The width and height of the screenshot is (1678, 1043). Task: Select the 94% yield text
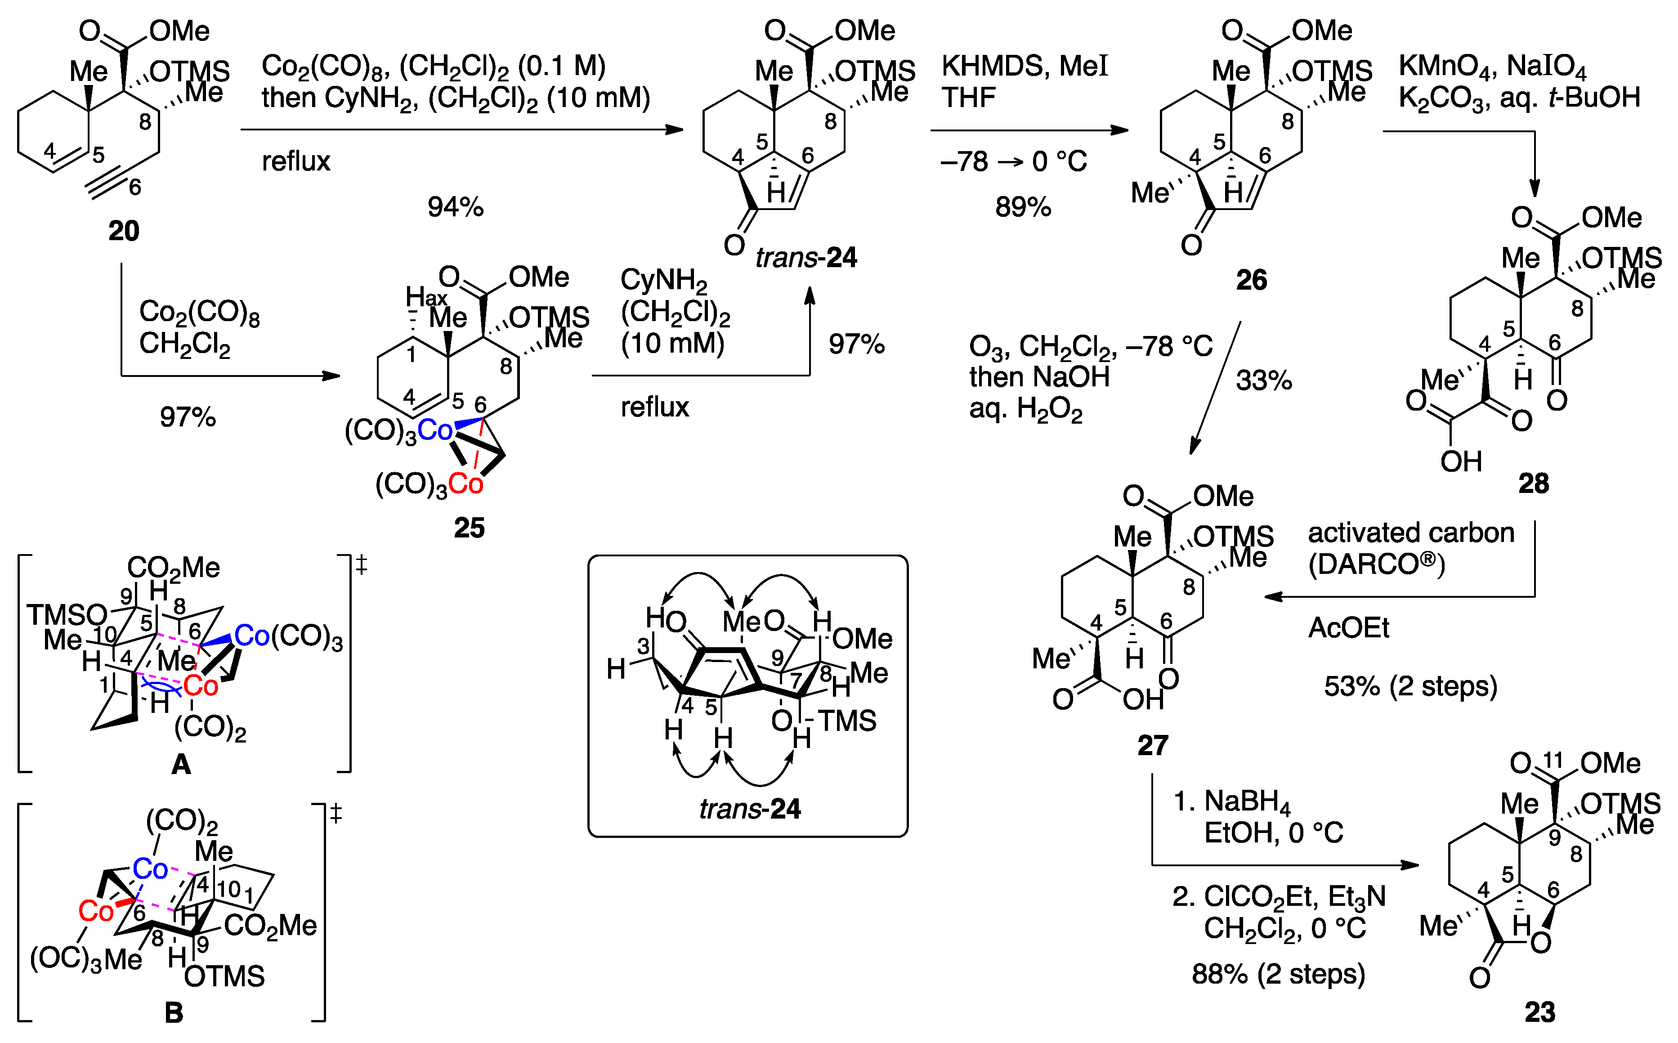click(455, 207)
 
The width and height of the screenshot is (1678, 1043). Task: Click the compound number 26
click(1251, 280)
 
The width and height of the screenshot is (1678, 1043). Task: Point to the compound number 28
click(1533, 483)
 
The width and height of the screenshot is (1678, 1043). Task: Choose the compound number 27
click(1152, 745)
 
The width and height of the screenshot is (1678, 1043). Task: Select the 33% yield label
click(1263, 381)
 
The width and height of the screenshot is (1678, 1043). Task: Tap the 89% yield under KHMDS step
click(1023, 207)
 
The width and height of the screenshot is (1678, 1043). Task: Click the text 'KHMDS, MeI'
click(1024, 66)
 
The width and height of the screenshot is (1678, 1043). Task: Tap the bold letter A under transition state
click(181, 764)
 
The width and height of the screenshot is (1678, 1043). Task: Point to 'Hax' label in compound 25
click(425, 297)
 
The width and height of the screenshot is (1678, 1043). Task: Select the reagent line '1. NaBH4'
click(1231, 801)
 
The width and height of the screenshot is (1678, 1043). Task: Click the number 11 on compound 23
click(1553, 760)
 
